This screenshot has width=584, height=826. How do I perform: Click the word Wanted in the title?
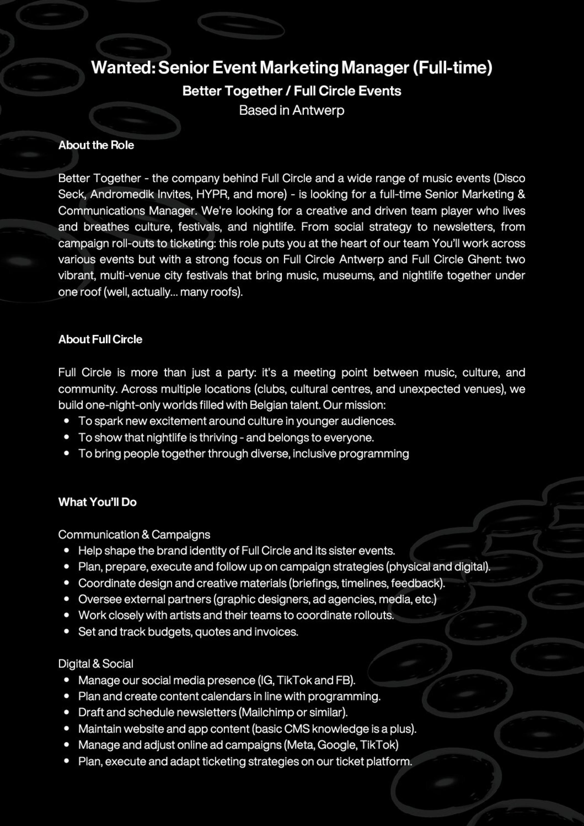(123, 68)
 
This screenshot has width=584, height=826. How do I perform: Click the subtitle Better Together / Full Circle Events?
(292, 91)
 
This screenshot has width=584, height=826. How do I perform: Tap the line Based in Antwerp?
(292, 110)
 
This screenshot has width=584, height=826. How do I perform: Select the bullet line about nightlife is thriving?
(226, 437)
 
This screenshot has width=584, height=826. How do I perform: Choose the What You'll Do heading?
(97, 502)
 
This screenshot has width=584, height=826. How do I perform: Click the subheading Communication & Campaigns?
(134, 535)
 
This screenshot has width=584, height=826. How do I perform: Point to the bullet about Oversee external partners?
(257, 599)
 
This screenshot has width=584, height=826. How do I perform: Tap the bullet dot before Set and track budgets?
(66, 631)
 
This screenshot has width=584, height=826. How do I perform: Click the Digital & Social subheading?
(96, 664)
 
